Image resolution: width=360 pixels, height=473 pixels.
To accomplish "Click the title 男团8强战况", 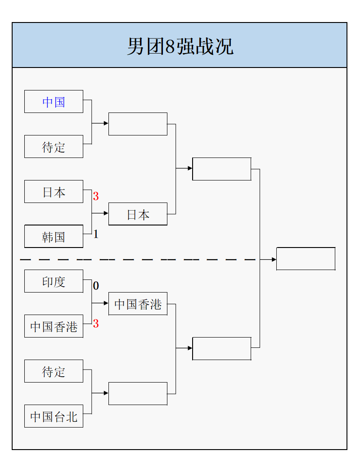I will point(180,46).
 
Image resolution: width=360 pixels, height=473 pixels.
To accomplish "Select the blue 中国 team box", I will point(54,102).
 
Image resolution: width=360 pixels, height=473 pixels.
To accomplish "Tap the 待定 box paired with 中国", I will point(54,147).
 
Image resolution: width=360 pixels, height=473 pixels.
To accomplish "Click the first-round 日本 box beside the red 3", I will point(54,192).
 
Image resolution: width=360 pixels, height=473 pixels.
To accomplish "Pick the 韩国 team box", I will point(54,237).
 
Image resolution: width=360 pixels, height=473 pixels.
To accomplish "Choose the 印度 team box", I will point(54,281).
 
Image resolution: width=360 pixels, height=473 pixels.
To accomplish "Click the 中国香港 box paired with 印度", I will point(54,326).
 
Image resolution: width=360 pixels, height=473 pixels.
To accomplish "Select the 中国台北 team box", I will point(54,416).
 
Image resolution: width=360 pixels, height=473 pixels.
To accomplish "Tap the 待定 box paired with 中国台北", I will point(54,371).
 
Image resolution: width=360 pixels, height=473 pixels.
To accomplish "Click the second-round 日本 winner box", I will point(138,214).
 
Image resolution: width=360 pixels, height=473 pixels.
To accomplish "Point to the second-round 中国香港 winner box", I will point(138,304).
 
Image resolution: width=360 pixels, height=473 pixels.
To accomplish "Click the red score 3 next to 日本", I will point(96,196).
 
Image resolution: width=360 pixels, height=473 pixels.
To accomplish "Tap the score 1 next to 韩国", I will point(96,234).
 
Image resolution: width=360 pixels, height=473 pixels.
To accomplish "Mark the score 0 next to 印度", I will point(96,286).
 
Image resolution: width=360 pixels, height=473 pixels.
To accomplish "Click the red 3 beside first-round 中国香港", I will point(96,324).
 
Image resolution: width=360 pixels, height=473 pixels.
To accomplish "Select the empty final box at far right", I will point(306,259).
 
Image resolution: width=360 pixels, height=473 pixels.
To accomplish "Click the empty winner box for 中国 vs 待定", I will point(138,124).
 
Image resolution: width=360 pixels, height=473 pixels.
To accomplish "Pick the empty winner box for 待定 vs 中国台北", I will point(138,394).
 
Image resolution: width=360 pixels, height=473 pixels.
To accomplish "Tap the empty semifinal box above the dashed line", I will point(221,169).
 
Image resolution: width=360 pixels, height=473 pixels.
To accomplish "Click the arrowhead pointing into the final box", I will point(274,259).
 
